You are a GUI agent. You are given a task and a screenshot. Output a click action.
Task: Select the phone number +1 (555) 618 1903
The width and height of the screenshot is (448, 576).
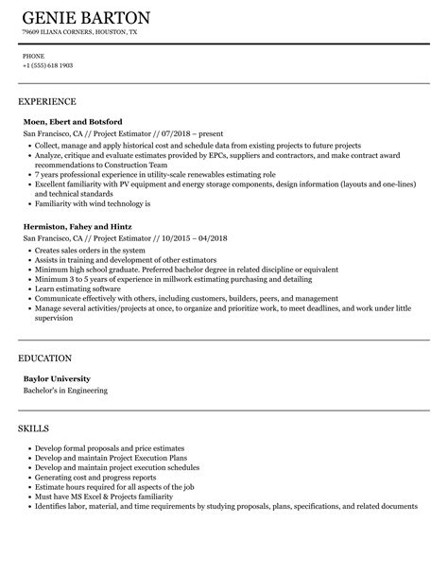[48, 65]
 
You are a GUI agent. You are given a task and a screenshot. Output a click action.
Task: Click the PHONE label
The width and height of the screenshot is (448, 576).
[33, 56]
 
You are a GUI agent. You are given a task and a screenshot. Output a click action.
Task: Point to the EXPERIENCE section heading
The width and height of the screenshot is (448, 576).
[47, 101]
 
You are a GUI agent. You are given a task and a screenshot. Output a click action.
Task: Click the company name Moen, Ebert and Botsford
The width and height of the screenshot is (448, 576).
[73, 122]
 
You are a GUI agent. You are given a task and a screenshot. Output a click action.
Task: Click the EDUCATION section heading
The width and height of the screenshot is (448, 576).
[45, 332]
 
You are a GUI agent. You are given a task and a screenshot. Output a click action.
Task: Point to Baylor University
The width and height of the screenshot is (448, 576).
[59, 353]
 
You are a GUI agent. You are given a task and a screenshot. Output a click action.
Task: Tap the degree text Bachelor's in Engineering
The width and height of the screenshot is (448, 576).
[65, 364]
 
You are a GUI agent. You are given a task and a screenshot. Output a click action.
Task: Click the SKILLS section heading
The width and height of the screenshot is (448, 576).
[34, 402]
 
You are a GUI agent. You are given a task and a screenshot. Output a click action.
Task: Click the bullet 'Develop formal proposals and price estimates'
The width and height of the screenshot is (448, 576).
[110, 422]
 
